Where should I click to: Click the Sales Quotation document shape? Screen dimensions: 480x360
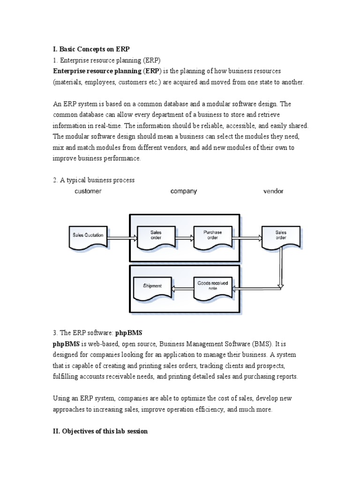point(88,236)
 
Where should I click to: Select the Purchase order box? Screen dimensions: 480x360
point(212,236)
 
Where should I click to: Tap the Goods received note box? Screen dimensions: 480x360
point(212,287)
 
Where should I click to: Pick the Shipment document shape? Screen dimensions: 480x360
point(153,287)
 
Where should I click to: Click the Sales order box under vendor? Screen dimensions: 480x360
point(281,236)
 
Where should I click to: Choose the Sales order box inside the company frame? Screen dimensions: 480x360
point(156,236)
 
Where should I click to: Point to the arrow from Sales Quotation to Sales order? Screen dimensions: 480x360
point(121,238)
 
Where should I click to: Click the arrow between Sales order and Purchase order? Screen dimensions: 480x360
point(184,238)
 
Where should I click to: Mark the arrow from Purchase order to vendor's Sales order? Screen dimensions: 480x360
point(246,238)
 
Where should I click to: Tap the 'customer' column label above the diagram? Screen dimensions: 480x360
point(88,191)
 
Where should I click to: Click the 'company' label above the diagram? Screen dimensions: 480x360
point(184,191)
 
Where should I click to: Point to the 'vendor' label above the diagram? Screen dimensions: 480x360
point(273,191)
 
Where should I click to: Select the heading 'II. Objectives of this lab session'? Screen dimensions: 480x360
point(100,431)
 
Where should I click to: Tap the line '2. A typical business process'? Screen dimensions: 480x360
point(94,180)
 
